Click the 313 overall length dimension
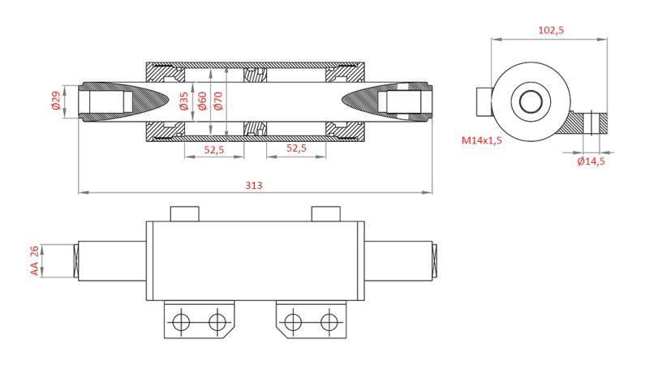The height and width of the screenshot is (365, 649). click(254, 185)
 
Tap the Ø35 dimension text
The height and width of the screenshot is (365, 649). click(184, 101)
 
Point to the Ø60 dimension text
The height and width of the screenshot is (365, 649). click(202, 101)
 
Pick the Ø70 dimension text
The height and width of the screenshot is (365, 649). click(219, 101)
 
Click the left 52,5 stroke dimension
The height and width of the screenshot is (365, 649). click(214, 149)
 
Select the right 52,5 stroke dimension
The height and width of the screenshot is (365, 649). click(297, 149)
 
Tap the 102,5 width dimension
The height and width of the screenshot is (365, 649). click(551, 30)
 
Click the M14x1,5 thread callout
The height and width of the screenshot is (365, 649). click(482, 140)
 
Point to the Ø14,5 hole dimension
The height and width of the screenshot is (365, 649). click(591, 161)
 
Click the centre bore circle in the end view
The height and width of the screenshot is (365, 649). click(531, 102)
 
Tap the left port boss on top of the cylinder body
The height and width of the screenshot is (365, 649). click(184, 213)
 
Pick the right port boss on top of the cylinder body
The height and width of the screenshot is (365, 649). click(326, 213)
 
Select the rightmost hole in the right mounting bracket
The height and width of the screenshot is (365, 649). click(329, 322)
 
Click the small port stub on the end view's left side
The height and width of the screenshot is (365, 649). click(484, 102)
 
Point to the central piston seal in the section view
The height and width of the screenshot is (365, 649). click(255, 101)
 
